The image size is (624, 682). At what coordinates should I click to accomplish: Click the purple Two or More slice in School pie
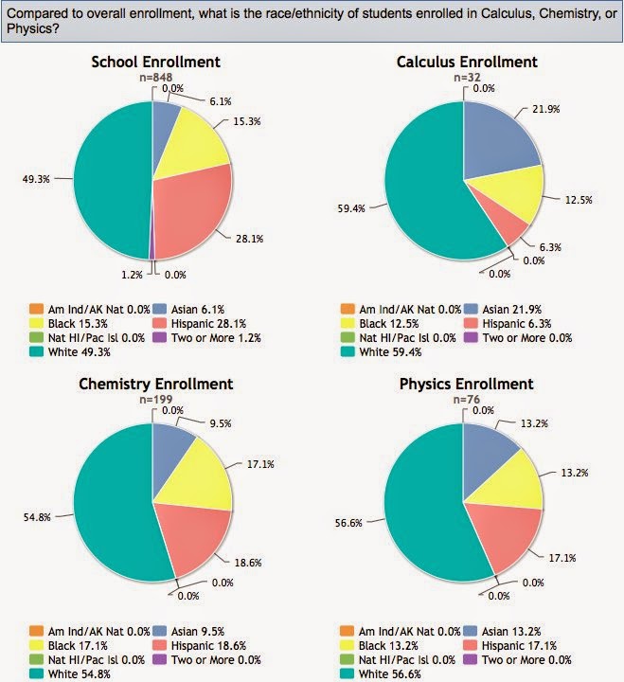click(x=152, y=252)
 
